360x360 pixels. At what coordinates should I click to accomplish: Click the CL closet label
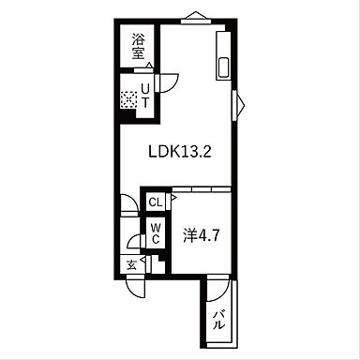[x=156, y=201]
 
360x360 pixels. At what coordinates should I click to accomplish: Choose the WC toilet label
[x=156, y=233]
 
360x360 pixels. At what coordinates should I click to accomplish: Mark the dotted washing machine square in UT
[x=128, y=97]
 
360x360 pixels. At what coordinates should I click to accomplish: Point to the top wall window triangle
[x=197, y=14]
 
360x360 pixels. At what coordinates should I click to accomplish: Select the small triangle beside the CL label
[x=172, y=198]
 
